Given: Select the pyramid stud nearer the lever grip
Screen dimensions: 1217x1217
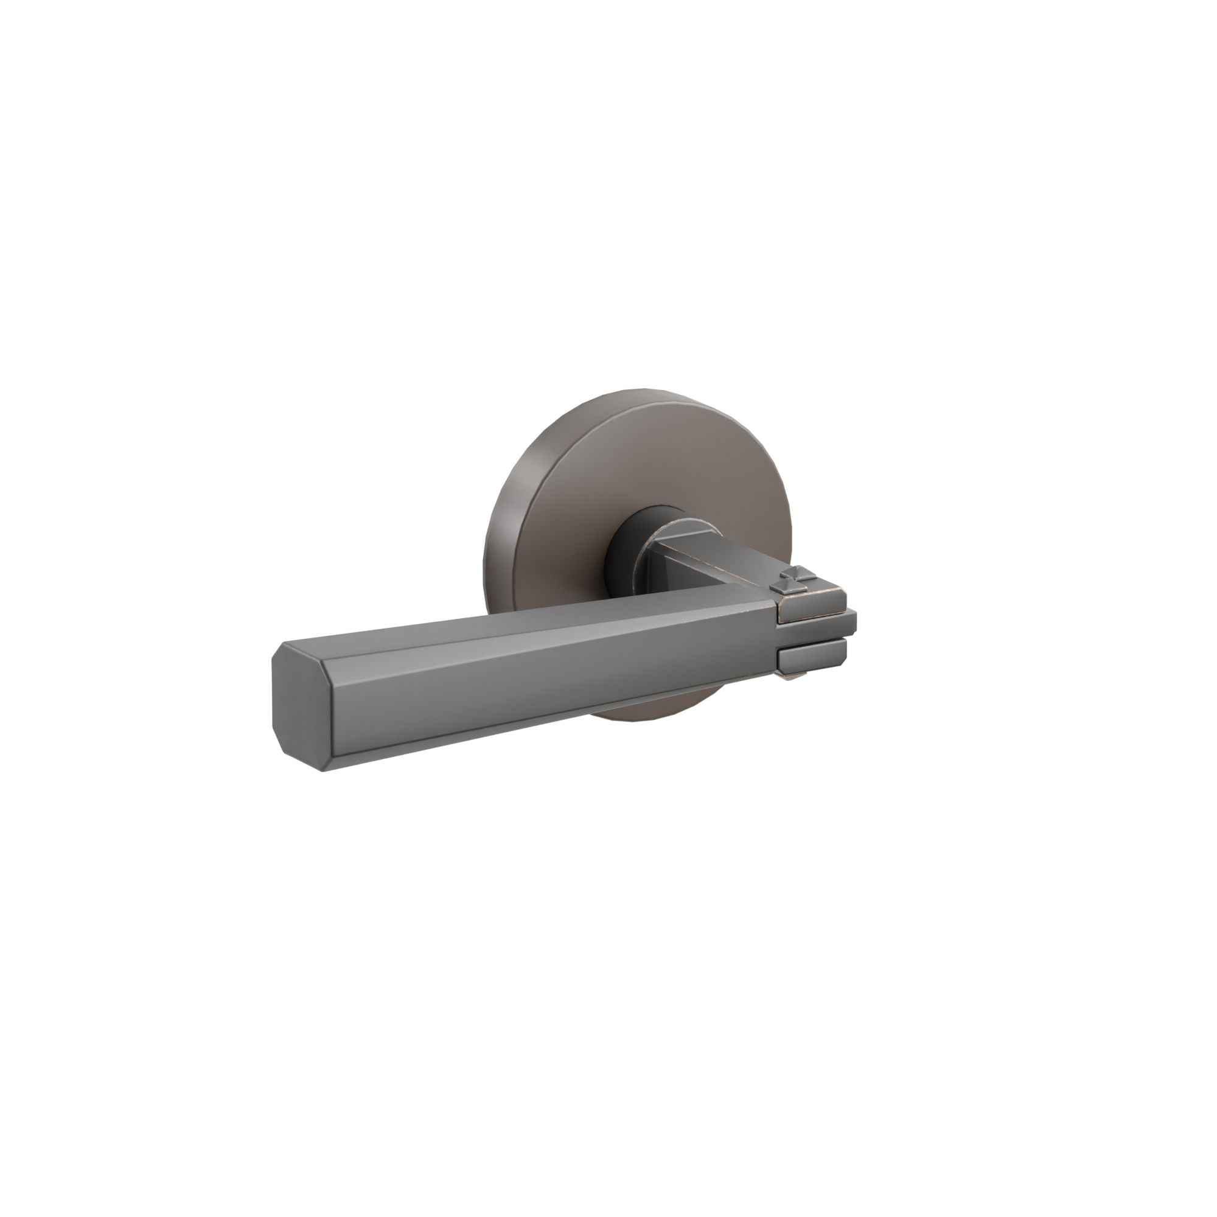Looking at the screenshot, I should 781,588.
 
